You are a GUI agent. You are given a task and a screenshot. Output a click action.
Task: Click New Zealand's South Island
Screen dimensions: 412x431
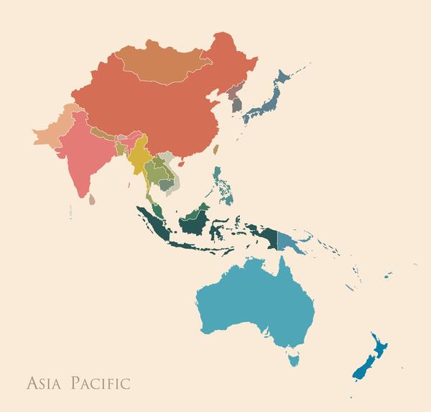362,367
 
